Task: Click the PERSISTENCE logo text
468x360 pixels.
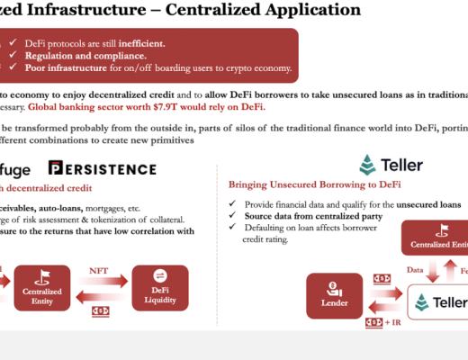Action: tap(101, 168)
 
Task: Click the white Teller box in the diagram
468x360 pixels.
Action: tap(437, 301)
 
